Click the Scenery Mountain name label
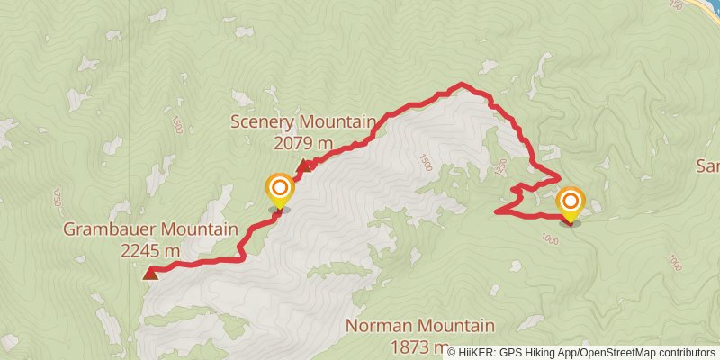tap(302, 122)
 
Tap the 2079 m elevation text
tap(302, 142)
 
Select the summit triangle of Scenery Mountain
tap(304, 166)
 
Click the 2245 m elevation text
tap(149, 250)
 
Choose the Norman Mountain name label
tap(420, 326)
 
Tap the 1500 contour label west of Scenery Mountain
tap(176, 125)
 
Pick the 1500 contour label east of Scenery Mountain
tap(425, 163)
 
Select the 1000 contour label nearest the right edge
tap(674, 262)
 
